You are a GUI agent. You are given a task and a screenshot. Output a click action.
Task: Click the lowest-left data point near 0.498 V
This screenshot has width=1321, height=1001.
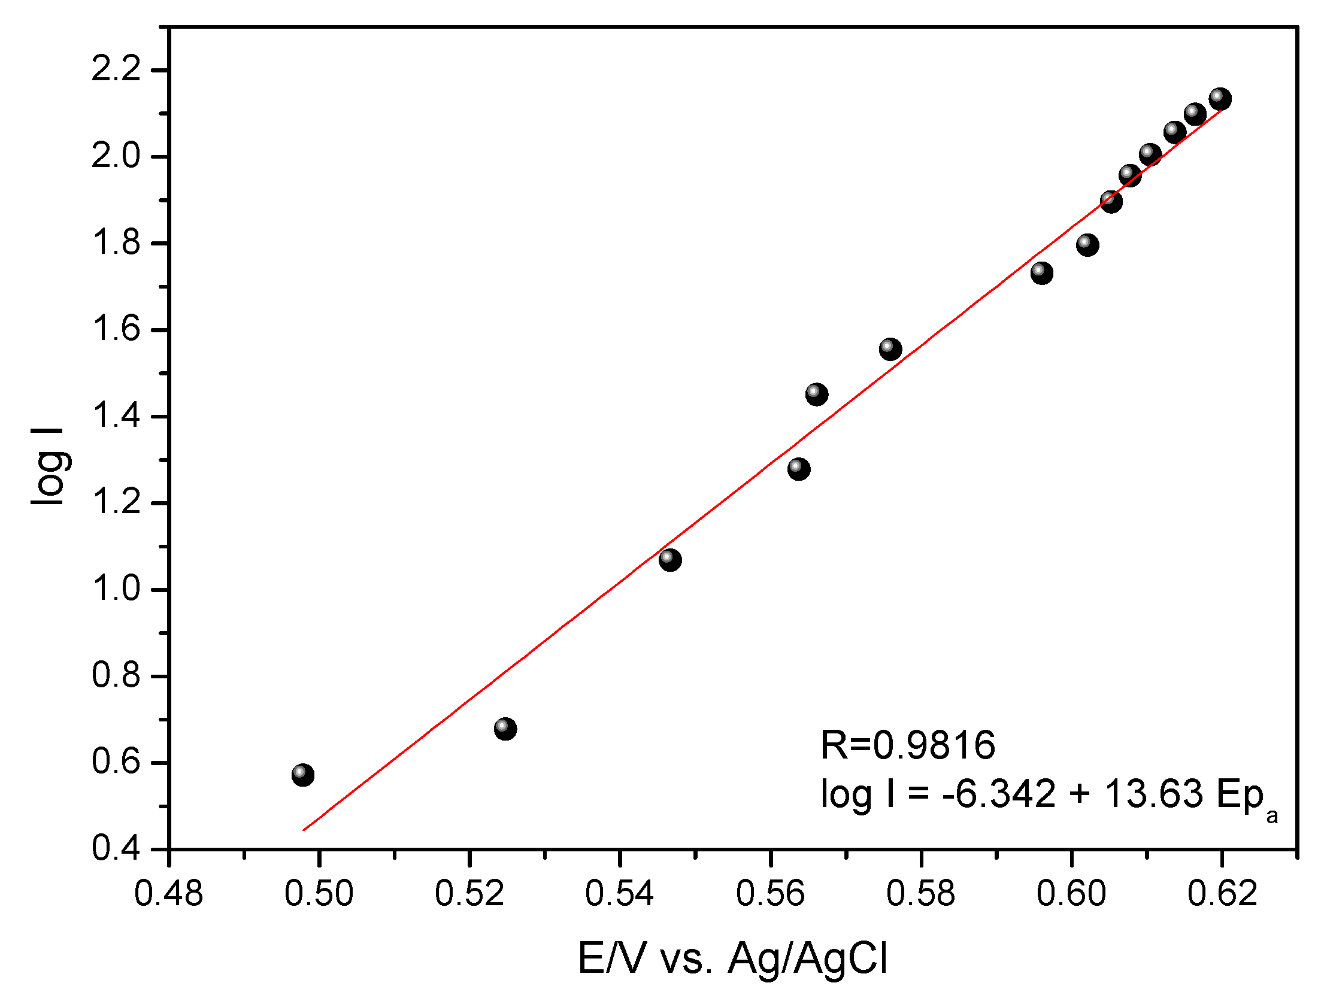[303, 775]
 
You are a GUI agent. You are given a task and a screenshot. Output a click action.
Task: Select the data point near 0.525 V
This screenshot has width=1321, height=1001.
[505, 729]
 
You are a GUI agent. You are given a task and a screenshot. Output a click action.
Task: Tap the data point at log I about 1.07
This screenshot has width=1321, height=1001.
[670, 560]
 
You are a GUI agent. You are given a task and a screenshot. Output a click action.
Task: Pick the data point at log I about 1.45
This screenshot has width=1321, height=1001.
[817, 394]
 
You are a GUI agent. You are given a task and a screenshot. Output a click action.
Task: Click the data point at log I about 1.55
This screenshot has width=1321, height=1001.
[890, 349]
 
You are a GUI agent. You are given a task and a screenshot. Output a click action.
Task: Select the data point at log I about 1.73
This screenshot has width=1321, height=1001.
[1042, 273]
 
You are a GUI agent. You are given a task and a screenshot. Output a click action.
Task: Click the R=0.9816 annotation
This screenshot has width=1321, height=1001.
[907, 745]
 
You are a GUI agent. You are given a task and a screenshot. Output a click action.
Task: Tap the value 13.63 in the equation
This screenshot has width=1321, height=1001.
[1153, 794]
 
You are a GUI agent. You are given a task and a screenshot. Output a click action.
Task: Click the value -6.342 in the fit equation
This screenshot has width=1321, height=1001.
[999, 794]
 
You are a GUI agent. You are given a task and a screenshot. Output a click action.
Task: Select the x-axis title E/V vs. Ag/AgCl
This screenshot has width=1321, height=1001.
[732, 958]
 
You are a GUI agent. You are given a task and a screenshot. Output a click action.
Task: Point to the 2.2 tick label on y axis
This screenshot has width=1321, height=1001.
[116, 69]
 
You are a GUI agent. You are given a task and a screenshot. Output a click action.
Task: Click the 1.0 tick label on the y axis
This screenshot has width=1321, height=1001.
[116, 589]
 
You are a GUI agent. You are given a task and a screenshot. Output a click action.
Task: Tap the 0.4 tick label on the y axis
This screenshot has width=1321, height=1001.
[116, 848]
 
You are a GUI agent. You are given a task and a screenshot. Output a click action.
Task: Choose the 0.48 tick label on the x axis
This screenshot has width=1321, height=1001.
[169, 894]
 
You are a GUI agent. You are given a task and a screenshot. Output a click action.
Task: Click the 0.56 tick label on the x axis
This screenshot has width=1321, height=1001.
[771, 894]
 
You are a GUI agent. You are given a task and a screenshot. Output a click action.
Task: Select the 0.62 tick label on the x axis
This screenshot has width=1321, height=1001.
[1222, 894]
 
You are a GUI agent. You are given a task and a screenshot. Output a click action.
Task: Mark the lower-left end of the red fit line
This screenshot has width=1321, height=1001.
[304, 830]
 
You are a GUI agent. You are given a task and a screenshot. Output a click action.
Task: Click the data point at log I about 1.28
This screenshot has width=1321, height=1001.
[799, 468]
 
